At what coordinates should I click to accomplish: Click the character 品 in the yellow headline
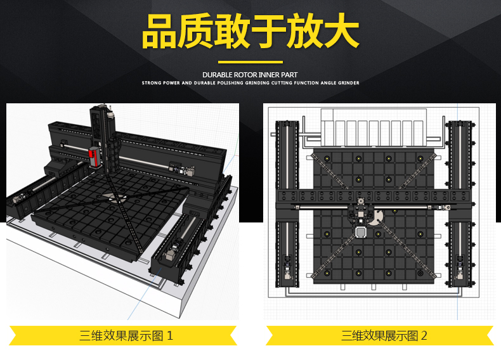[159, 32]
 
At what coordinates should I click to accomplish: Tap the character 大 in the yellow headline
[342, 31]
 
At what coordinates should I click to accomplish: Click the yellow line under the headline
[251, 62]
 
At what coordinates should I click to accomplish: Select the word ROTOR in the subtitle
[245, 75]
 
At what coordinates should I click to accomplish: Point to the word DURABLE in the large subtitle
[218, 75]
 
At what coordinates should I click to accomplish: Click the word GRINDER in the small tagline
[349, 83]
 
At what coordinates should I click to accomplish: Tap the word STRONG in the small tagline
[151, 83]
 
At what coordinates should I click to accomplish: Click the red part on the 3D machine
[94, 157]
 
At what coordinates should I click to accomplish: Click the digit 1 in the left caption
[170, 336]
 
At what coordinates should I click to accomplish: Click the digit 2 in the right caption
[424, 336]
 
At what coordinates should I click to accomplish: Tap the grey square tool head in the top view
[361, 232]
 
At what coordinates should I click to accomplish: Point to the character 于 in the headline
[268, 31]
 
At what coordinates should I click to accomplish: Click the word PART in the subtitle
[289, 75]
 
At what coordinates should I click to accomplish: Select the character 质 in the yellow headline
[195, 31]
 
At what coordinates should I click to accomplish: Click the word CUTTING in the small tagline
[282, 83]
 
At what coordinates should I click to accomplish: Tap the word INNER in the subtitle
[269, 75]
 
